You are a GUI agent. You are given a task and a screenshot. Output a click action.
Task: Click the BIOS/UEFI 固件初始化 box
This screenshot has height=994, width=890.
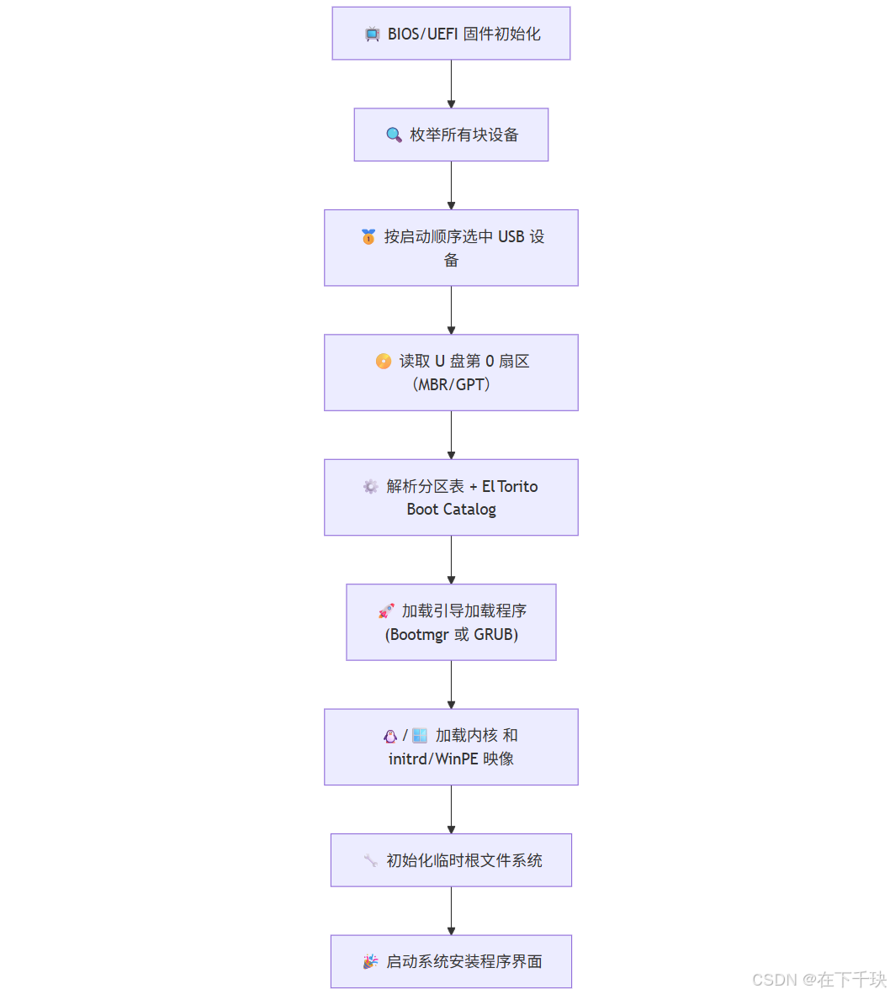(451, 34)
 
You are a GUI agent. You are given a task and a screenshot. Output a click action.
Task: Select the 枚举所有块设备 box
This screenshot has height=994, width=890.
(451, 135)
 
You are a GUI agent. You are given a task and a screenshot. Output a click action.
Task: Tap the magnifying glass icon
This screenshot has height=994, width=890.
(393, 135)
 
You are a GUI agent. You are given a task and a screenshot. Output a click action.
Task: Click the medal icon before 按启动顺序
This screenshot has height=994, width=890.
(368, 237)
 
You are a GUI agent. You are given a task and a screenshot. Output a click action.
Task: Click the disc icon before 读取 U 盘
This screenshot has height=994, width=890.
(383, 362)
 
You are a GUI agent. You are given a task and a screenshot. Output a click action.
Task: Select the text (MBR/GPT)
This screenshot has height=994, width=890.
(451, 384)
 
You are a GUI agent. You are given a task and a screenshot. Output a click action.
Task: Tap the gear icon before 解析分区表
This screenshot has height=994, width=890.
(370, 487)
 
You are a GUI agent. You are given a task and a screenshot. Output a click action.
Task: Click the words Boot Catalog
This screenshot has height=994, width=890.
(451, 510)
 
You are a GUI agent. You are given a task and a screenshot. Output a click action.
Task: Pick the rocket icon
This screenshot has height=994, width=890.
(386, 611)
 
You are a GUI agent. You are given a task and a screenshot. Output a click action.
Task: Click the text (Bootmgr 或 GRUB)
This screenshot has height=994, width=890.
(451, 635)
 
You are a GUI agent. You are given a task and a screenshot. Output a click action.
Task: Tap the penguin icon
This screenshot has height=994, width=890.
(390, 736)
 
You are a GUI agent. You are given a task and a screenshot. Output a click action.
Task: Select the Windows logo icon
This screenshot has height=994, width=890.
(419, 736)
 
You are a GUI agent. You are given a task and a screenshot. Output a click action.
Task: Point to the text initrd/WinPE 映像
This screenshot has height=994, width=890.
(451, 759)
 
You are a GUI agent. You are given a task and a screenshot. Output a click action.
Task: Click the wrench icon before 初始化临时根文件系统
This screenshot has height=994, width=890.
(370, 860)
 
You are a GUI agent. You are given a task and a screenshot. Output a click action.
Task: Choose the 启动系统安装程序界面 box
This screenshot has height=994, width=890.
(451, 961)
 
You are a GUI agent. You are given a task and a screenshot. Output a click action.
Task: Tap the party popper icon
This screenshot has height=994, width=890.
(370, 961)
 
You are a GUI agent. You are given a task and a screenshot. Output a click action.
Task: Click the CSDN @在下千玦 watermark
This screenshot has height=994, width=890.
(818, 980)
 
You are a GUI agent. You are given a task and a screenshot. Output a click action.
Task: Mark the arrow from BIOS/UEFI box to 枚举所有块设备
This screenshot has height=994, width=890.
(451, 84)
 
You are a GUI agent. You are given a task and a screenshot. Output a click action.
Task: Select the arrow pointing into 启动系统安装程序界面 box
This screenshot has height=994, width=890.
(451, 912)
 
